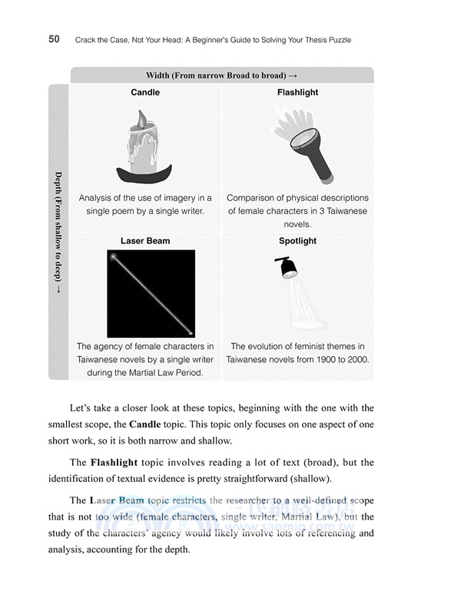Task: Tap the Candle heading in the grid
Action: tap(145, 93)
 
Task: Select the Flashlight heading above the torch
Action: tap(297, 93)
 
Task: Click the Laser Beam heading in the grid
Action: tap(145, 241)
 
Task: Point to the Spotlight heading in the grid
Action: tap(297, 241)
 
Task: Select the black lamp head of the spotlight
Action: tap(287, 268)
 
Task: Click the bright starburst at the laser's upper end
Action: tap(114, 257)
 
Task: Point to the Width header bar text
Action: tap(221, 75)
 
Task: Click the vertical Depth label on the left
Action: tap(58, 230)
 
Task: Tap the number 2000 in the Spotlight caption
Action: tap(354, 359)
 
